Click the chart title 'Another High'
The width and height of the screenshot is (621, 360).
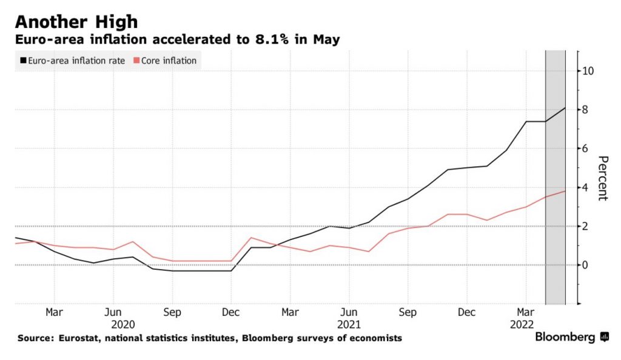point(76,22)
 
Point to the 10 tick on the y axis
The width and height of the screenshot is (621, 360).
point(588,71)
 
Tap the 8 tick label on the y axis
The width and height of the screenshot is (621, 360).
point(586,110)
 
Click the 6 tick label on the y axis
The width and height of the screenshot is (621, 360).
point(586,148)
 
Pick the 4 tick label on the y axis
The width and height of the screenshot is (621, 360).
point(586,187)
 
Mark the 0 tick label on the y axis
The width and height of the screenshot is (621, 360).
point(586,265)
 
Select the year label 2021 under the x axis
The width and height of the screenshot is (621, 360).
point(349,325)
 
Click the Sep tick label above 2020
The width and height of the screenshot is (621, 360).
point(172,313)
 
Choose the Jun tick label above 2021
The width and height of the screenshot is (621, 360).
point(349,313)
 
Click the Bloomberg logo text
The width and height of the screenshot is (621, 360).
point(565,338)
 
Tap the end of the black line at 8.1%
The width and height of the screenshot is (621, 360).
point(565,108)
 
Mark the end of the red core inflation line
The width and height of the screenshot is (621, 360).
point(565,192)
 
